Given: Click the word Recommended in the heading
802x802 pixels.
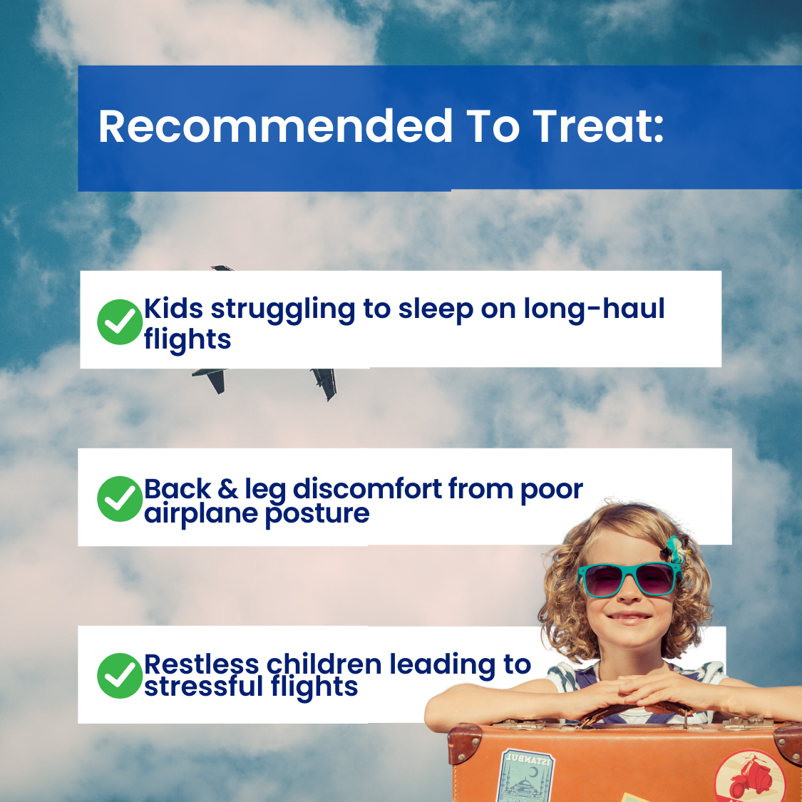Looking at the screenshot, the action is [x=276, y=125].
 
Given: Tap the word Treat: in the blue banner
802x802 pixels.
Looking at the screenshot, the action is [x=598, y=125].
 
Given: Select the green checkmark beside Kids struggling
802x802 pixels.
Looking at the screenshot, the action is [x=120, y=322].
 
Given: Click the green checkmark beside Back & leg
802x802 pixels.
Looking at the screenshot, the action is [x=120, y=499].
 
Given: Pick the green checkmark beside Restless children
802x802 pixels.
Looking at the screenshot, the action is [x=120, y=676].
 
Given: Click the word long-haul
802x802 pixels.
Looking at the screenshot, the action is [x=594, y=309].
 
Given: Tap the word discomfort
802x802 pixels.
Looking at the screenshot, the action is [x=367, y=488].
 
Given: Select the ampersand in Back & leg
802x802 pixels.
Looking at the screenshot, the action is [x=227, y=489].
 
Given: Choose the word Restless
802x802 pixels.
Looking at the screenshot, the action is [x=202, y=664].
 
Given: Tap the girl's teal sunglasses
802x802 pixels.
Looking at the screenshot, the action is [x=629, y=580].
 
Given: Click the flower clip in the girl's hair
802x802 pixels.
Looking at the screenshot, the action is [x=674, y=550].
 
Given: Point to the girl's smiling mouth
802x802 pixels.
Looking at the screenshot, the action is [x=629, y=618].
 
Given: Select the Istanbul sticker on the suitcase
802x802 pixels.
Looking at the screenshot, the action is [x=525, y=776].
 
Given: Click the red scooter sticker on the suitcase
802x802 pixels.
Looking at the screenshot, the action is [x=750, y=778].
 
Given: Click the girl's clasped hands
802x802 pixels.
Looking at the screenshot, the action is [x=644, y=689].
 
